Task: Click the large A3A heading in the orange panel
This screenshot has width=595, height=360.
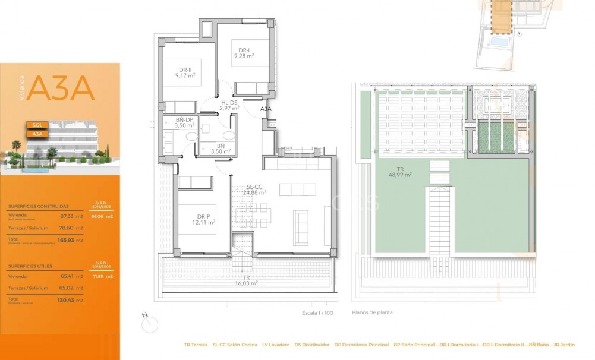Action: (x=61, y=89)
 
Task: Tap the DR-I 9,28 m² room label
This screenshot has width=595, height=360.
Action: (x=244, y=53)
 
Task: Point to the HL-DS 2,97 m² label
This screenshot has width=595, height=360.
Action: (x=228, y=106)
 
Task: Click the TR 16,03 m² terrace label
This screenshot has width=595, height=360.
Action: (x=246, y=280)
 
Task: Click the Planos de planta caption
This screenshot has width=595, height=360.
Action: (x=373, y=312)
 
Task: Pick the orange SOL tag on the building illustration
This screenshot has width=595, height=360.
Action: (x=37, y=125)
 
